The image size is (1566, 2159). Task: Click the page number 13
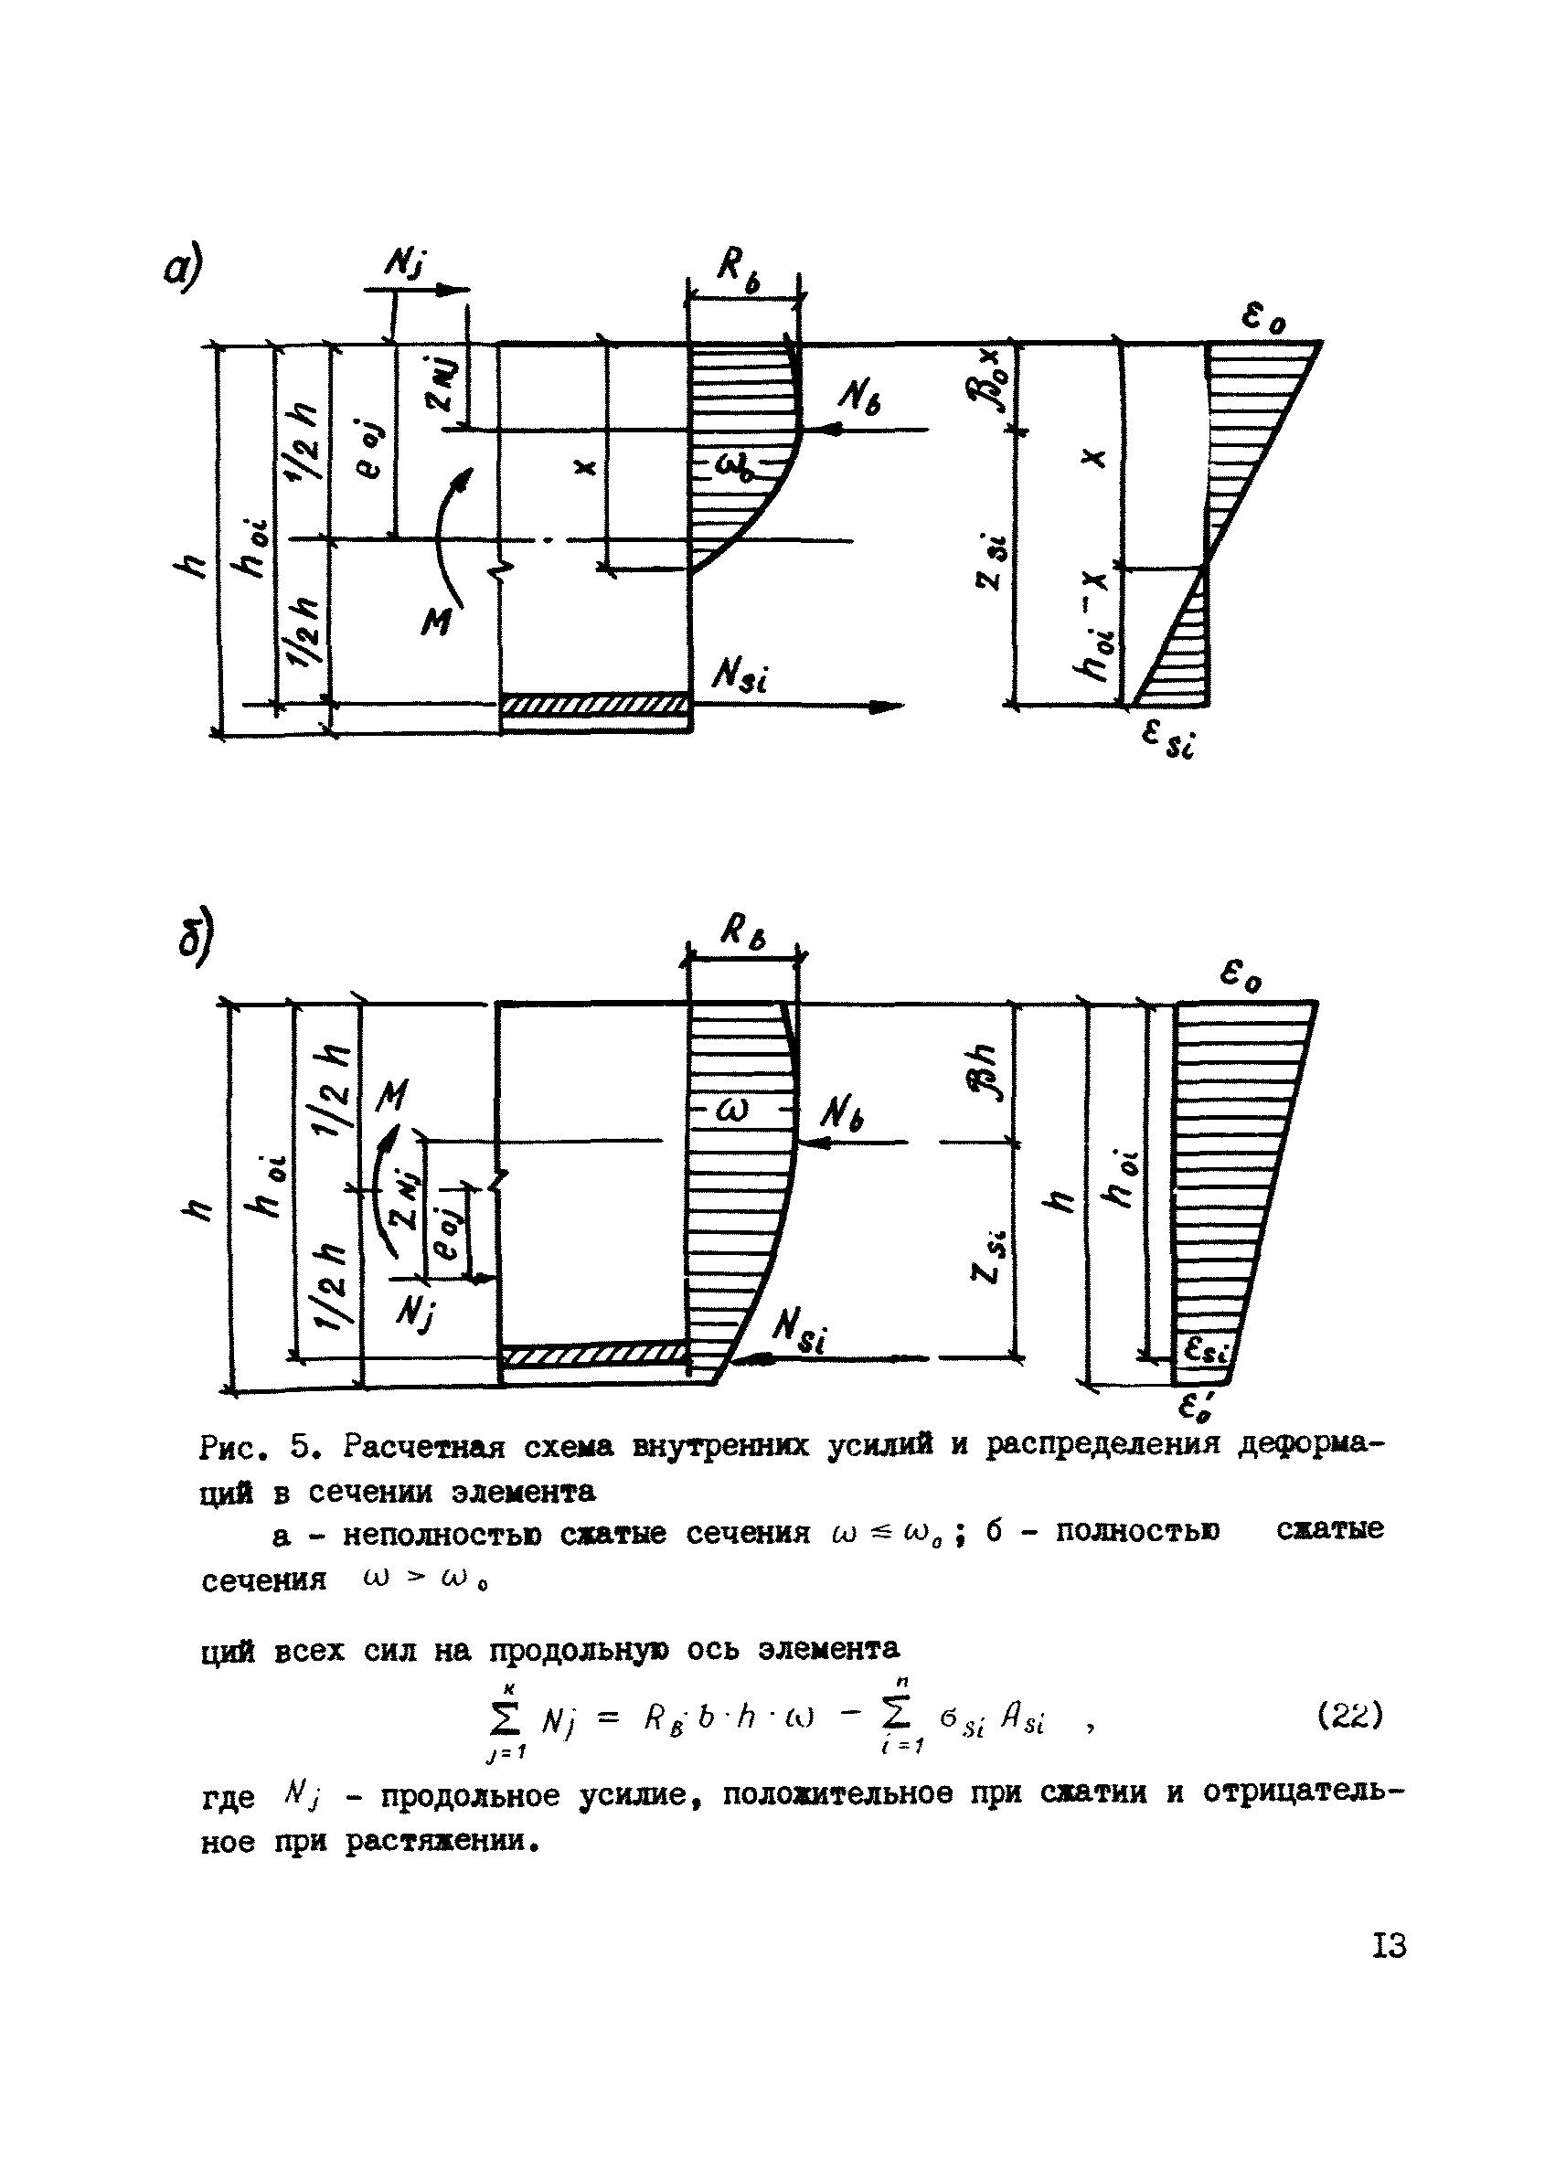(x=1389, y=1946)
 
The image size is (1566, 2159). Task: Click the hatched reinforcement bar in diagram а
(x=596, y=706)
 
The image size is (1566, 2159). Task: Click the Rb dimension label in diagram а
(x=739, y=266)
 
